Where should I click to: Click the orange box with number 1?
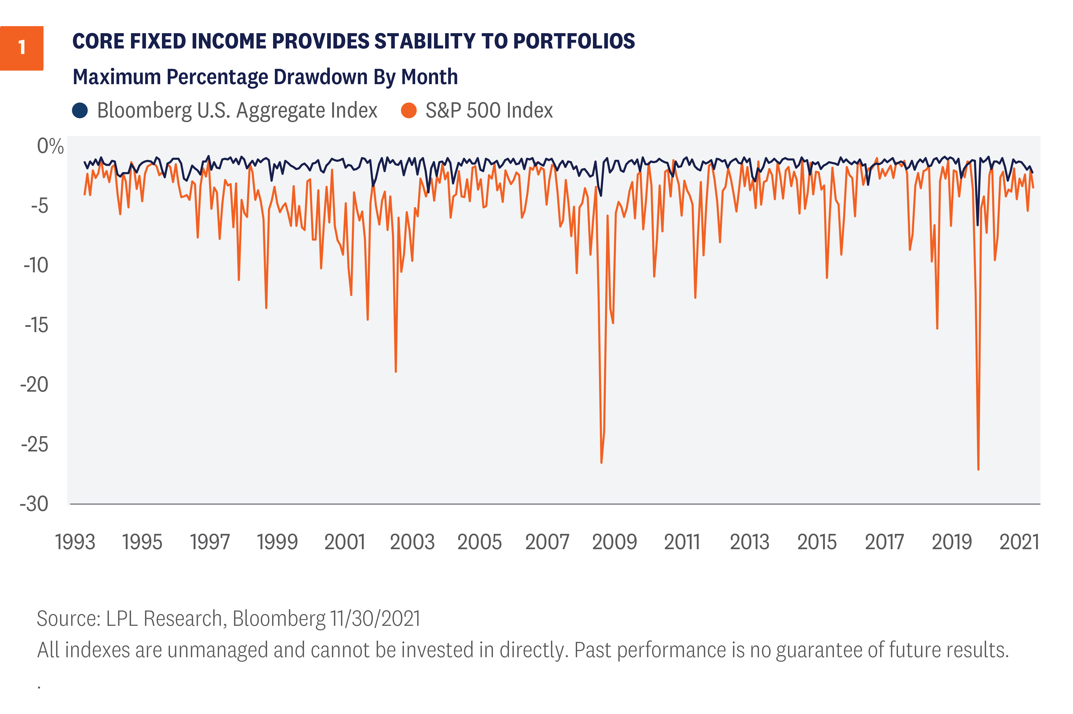tap(21, 48)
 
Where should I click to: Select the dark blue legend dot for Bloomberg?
tap(80, 111)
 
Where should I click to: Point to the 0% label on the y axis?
tap(50, 147)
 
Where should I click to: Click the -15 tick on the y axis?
tap(36, 325)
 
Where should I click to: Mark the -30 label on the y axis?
tap(34, 504)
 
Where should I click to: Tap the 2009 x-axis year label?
tap(614, 542)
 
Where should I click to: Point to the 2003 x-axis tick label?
tap(412, 542)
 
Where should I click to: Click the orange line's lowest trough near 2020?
tap(978, 469)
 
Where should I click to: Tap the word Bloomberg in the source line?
tap(279, 618)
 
